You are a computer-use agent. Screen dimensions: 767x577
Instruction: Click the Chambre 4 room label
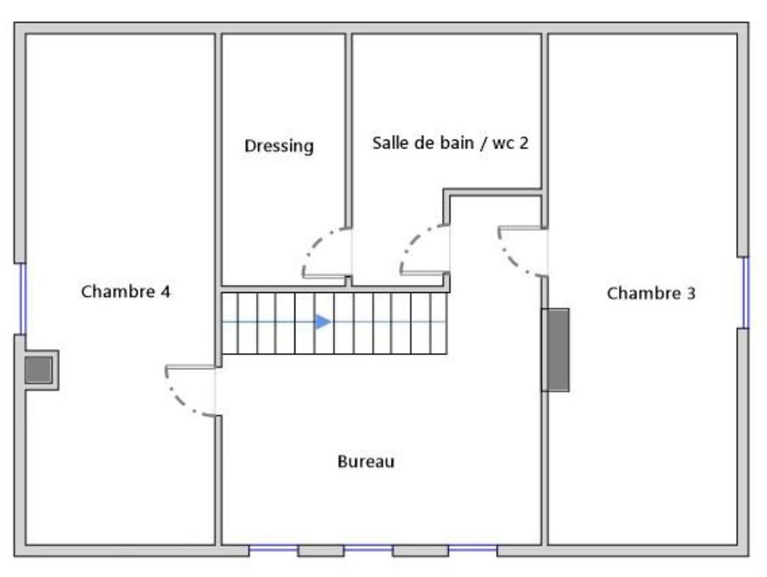pos(126,292)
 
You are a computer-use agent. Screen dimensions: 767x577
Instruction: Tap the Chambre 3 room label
pos(651,293)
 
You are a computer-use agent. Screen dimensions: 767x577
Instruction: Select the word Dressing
pos(279,146)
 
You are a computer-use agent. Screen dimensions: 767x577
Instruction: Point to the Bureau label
pos(366,461)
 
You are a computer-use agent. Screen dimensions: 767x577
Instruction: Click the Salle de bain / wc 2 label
pos(451,143)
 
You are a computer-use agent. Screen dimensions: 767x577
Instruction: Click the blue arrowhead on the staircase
pos(323,322)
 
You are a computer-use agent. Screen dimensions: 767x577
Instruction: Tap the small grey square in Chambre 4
pos(38,370)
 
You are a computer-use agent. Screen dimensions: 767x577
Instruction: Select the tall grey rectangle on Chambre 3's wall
pos(555,350)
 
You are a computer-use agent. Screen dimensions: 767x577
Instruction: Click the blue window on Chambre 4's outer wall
pos(22,299)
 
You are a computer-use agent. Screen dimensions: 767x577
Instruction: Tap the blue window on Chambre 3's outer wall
pos(746,293)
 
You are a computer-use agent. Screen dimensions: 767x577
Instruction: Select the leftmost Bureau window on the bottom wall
pos(274,550)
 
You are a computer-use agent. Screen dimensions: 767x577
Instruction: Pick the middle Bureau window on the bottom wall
pos(368,550)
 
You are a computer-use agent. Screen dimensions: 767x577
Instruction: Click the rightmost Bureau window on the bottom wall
pos(473,550)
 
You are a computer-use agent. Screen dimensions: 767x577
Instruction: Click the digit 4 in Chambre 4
pos(165,292)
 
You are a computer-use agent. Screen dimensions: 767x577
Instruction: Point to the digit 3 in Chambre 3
pos(690,293)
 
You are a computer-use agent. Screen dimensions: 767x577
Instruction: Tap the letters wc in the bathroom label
pos(503,144)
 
